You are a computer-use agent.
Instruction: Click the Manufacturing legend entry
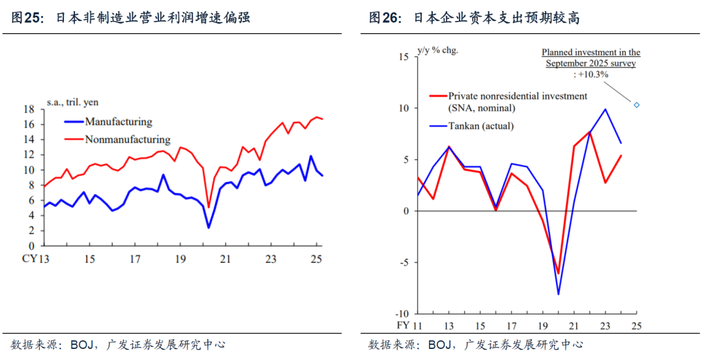(x=118, y=122)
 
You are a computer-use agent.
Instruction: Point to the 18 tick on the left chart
(x=29, y=110)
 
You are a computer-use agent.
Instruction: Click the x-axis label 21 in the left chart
(x=225, y=259)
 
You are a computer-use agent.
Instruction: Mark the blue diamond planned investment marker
(x=637, y=105)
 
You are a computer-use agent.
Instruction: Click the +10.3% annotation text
(x=591, y=75)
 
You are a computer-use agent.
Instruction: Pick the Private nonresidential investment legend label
(x=517, y=96)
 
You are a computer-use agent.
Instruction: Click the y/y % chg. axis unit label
(x=437, y=50)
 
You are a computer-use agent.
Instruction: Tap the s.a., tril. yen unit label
(x=72, y=102)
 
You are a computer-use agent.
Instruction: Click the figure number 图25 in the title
(x=27, y=18)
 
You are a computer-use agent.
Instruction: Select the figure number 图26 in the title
(x=385, y=18)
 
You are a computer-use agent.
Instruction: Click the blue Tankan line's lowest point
(x=559, y=294)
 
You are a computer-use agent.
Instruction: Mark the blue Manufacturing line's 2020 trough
(x=209, y=228)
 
